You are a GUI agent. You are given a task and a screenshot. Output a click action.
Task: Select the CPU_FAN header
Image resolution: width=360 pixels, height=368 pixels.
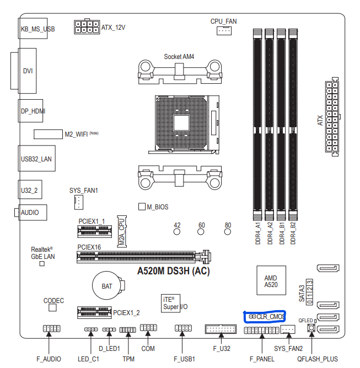[223, 31]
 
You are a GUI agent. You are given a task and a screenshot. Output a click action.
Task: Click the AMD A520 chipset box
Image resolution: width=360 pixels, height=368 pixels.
[271, 281]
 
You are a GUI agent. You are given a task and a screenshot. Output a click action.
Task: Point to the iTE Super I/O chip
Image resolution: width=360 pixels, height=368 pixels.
[170, 302]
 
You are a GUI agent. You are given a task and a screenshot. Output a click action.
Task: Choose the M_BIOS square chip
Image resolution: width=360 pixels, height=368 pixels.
[141, 207]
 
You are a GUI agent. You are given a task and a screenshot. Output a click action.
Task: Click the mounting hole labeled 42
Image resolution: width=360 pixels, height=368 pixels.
[177, 232]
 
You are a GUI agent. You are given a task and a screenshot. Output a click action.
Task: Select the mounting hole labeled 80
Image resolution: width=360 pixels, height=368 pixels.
[228, 232]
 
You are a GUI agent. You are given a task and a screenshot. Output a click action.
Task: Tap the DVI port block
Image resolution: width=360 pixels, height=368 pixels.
[26, 71]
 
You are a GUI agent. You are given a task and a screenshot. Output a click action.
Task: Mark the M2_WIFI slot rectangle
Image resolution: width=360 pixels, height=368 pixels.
[47, 134]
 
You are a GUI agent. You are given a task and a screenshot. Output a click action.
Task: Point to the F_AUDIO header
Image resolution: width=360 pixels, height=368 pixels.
[51, 329]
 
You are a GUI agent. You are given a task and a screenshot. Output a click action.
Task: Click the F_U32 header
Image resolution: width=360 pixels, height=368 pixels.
[219, 329]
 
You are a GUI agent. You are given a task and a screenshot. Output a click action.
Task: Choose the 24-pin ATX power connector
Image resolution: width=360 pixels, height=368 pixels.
[332, 118]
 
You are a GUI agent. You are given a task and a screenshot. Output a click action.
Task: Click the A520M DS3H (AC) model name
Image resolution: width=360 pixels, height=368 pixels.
[173, 271]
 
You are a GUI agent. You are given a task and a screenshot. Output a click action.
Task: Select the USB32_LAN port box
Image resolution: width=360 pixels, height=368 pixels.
[33, 159]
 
